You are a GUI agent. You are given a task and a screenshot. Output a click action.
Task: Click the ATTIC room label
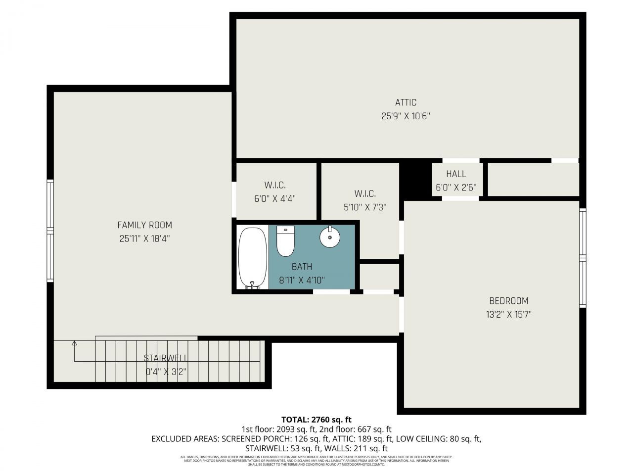click(x=406, y=102)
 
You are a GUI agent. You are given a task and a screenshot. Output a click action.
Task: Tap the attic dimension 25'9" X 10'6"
click(x=406, y=116)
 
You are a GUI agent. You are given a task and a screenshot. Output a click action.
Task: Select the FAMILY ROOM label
click(x=144, y=225)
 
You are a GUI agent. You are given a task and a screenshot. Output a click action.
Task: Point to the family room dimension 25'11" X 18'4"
click(x=144, y=238)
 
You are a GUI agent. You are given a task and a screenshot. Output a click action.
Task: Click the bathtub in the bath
click(x=252, y=257)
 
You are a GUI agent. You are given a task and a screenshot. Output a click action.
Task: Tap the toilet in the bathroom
click(x=285, y=241)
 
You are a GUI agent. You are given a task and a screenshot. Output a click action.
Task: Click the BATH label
click(x=302, y=267)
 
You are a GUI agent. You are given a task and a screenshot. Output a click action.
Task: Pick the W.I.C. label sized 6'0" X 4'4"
click(x=275, y=185)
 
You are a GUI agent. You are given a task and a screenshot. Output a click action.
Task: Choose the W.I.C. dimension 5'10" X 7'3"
click(x=364, y=207)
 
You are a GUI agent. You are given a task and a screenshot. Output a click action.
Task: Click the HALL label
click(x=456, y=174)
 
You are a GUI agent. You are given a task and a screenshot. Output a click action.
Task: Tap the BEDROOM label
click(x=508, y=301)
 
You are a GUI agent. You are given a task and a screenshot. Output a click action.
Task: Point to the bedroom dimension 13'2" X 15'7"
click(x=508, y=314)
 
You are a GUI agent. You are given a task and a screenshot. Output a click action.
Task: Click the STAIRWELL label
click(x=166, y=358)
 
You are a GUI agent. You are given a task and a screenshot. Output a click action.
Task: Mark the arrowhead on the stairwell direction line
click(x=74, y=342)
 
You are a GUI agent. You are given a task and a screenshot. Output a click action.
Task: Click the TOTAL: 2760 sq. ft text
click(x=316, y=420)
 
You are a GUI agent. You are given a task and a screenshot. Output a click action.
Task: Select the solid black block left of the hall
click(x=415, y=179)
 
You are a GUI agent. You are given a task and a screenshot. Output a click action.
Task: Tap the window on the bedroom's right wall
click(x=583, y=257)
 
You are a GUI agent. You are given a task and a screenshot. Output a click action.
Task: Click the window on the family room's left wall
click(x=50, y=231)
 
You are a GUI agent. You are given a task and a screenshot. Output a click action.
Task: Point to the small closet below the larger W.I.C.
click(x=379, y=276)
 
